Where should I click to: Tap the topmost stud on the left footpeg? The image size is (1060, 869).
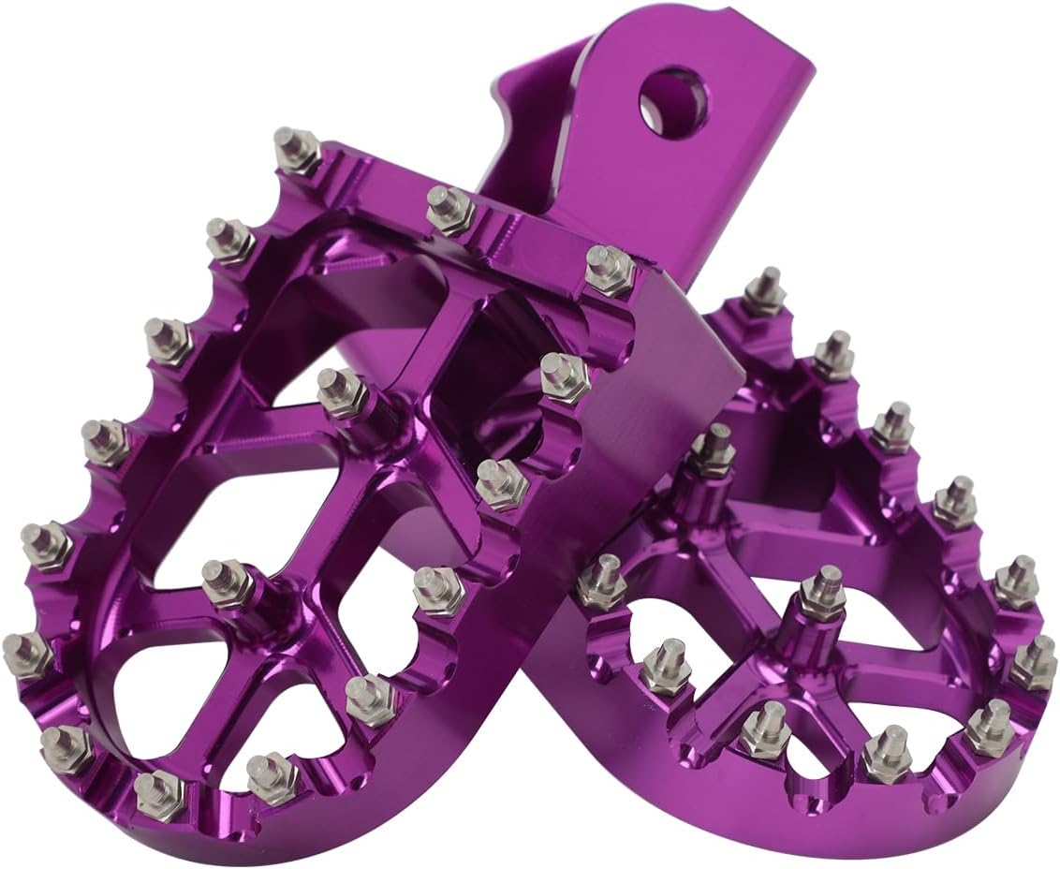point(297,150)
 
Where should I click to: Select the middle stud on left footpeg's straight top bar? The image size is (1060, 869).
point(449,207)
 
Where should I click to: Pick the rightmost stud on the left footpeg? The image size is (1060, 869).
point(609,270)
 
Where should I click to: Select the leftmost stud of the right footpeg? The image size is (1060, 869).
point(600,581)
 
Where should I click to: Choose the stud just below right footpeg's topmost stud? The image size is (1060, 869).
point(832,354)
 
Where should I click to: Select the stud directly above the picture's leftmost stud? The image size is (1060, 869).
point(46,545)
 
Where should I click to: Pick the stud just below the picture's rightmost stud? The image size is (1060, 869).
point(988,727)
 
